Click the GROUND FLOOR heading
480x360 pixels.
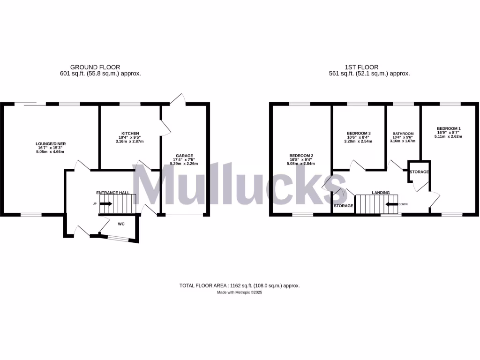(x=95, y=67)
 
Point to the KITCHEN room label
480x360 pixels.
(x=129, y=134)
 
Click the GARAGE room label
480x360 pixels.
(x=184, y=156)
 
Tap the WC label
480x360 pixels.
(x=121, y=224)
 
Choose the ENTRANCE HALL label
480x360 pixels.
(x=113, y=193)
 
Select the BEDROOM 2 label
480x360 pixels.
(x=301, y=156)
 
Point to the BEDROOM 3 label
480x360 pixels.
(x=359, y=133)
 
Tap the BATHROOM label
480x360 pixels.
(x=403, y=134)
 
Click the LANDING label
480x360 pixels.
(x=381, y=193)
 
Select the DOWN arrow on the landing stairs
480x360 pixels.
(x=390, y=204)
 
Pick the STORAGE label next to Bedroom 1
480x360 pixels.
(x=419, y=172)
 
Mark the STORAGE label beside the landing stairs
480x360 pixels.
(x=344, y=206)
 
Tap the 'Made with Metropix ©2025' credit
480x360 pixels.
(x=240, y=292)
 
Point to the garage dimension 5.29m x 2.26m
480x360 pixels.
(x=184, y=164)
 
